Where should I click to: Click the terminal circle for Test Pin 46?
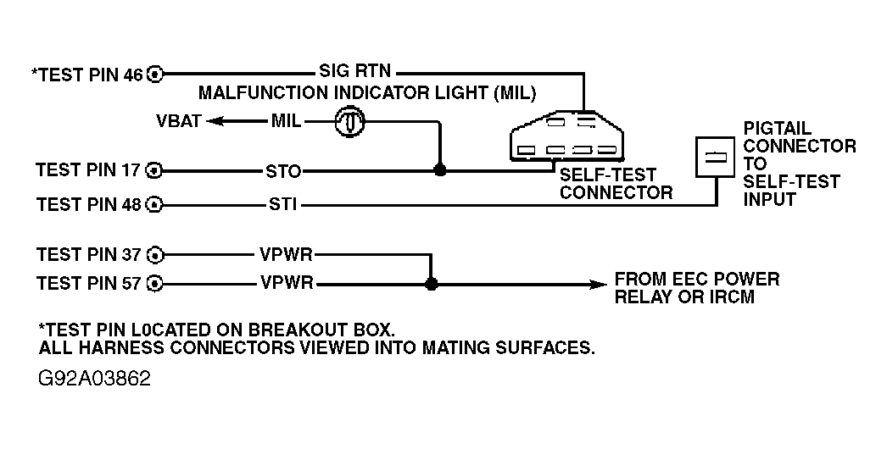tap(155, 74)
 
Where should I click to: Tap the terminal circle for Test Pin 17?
tap(153, 170)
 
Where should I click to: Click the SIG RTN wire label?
tap(354, 70)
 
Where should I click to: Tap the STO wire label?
tap(283, 171)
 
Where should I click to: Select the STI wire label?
tap(283, 204)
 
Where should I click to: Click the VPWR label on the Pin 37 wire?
tap(287, 254)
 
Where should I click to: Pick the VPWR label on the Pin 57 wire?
tap(287, 282)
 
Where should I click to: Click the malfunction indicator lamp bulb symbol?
tap(349, 122)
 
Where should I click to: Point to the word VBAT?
tap(179, 121)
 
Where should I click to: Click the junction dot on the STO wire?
tap(439, 169)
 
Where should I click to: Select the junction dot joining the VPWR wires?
tap(431, 284)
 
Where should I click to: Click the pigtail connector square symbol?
tap(715, 158)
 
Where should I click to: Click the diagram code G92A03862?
tap(95, 379)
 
